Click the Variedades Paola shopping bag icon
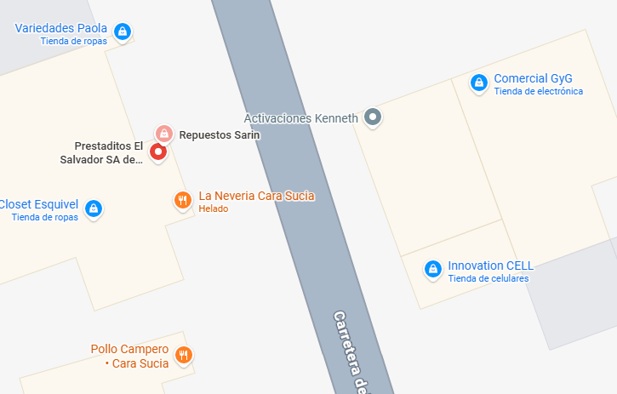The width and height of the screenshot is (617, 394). pos(123,32)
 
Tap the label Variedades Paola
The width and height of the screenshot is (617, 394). pos(60,28)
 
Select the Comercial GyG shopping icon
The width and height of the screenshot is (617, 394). pos(479,83)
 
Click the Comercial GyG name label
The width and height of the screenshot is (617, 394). pos(533,77)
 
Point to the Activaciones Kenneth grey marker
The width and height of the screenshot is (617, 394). pos(372,117)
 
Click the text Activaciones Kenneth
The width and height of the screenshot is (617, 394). pos(300,118)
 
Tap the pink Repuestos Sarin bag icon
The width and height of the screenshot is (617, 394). pos(163,134)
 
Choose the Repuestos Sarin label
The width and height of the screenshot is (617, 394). pos(219,134)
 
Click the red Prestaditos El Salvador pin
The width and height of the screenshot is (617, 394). pos(157,152)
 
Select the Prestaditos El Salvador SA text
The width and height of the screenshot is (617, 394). pos(101,152)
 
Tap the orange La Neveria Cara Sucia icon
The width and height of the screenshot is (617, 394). pos(181,201)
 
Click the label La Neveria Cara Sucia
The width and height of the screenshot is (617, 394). pos(256,196)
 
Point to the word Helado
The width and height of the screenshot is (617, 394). pos(214,209)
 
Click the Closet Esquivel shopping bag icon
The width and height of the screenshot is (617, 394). pos(94,208)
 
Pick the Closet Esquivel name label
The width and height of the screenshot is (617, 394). pos(39,204)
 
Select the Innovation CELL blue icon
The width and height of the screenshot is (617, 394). pos(433,269)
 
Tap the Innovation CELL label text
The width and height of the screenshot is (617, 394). pos(490,265)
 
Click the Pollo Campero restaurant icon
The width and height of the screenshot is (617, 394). pos(183,355)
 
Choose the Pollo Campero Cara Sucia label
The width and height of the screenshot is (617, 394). pos(129,356)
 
